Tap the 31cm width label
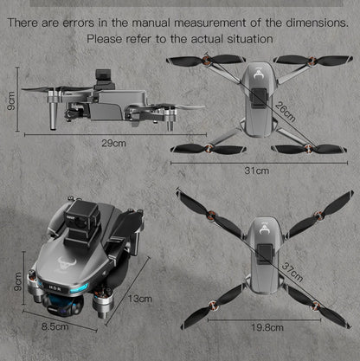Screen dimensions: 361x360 pyautogui.click(x=256, y=171)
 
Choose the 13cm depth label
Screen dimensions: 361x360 pyautogui.click(x=139, y=299)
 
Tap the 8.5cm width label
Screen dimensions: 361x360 pyautogui.click(x=55, y=327)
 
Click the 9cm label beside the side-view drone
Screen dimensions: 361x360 pyautogui.click(x=10, y=100)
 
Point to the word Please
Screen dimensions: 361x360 pyautogui.click(x=107, y=39)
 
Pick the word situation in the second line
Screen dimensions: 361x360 pyautogui.click(x=248, y=39)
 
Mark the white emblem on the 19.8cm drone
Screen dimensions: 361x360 pyautogui.click(x=260, y=227)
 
